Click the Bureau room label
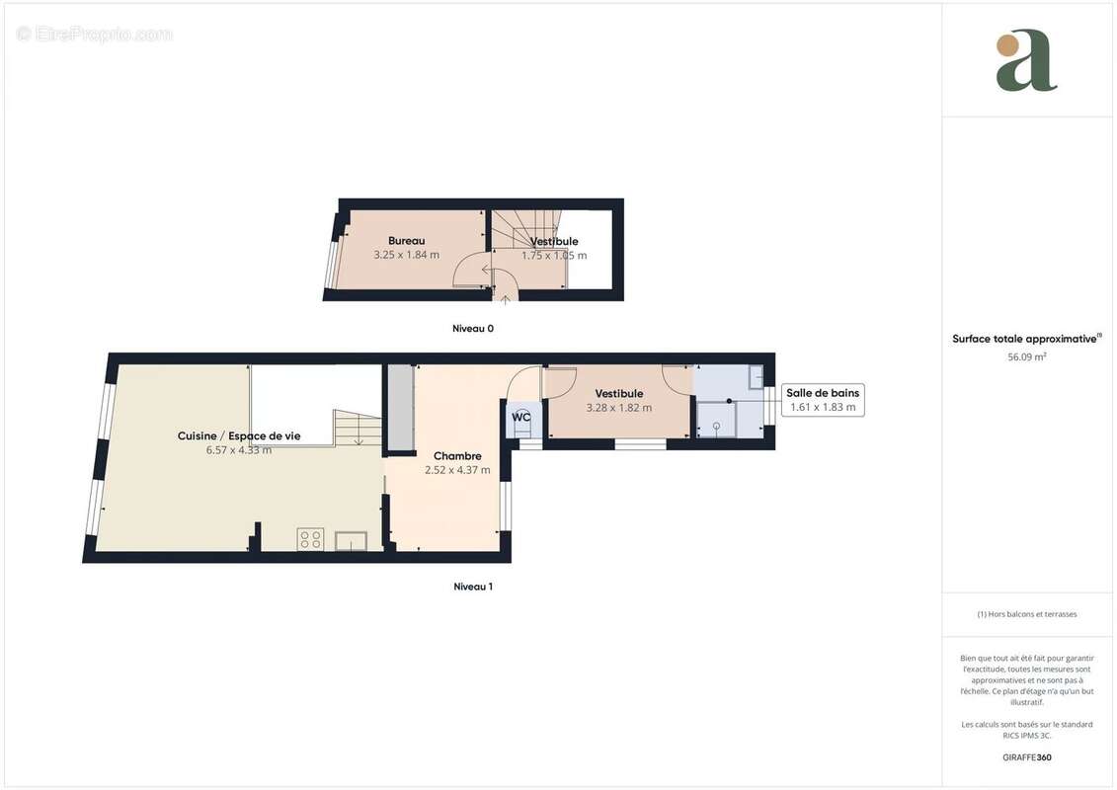pyautogui.click(x=406, y=241)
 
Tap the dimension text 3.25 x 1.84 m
pyautogui.click(x=406, y=255)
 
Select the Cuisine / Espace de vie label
pyautogui.click(x=239, y=435)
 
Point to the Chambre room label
pyautogui.click(x=457, y=456)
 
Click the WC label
pyautogui.click(x=521, y=417)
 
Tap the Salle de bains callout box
pyautogui.click(x=823, y=400)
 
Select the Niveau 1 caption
pyautogui.click(x=473, y=587)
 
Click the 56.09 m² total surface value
pyautogui.click(x=1026, y=356)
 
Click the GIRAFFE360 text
pyautogui.click(x=1026, y=757)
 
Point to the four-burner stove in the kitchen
pyautogui.click(x=311, y=538)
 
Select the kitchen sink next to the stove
pyautogui.click(x=351, y=539)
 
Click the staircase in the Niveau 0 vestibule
pyautogui.click(x=518, y=237)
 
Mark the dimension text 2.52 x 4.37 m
pyautogui.click(x=457, y=470)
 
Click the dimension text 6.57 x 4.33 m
pyautogui.click(x=239, y=450)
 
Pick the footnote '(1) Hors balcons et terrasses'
pyautogui.click(x=1027, y=614)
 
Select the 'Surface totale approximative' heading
pyautogui.click(x=1025, y=339)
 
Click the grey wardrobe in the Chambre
pyautogui.click(x=400, y=408)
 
